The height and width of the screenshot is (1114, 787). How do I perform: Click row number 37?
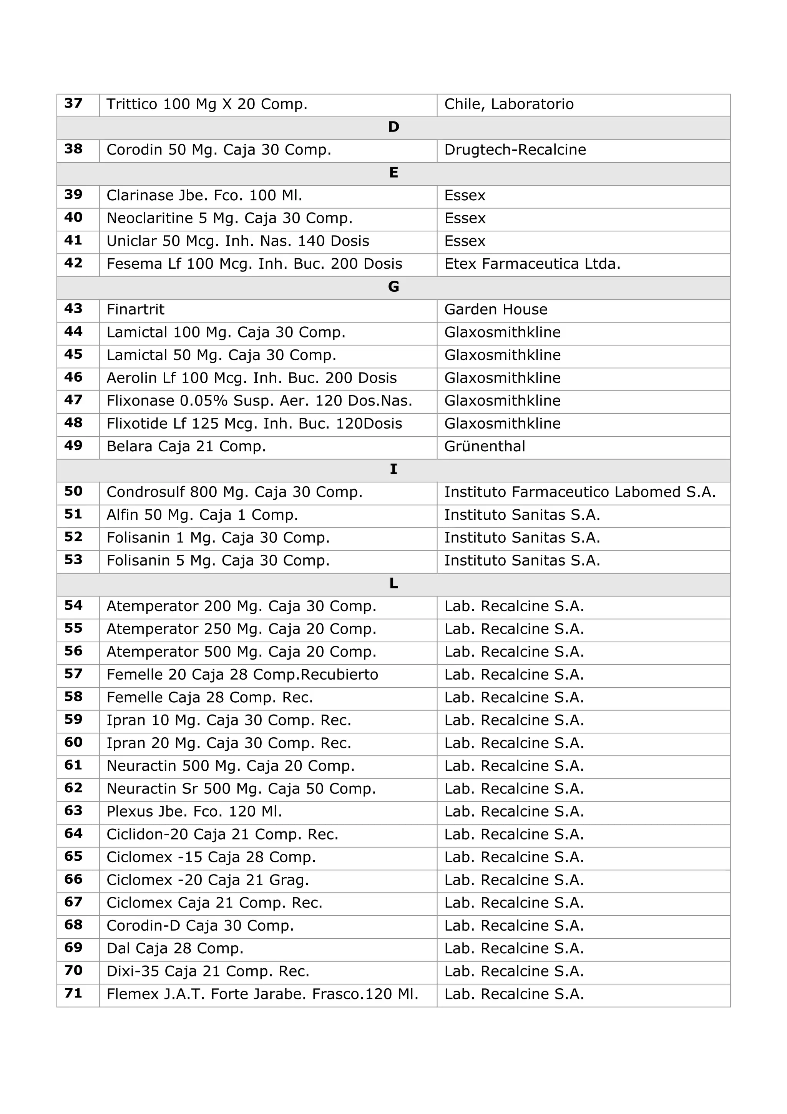(x=73, y=103)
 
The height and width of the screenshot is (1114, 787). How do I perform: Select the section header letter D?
(x=393, y=127)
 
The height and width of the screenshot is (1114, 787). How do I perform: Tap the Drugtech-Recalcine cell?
(x=515, y=150)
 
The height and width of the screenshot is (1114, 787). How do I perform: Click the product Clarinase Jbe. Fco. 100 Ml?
(x=204, y=196)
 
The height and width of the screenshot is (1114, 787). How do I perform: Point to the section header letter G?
(x=393, y=287)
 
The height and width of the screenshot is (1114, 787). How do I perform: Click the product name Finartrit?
(x=135, y=309)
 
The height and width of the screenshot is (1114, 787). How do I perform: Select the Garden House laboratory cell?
(x=496, y=309)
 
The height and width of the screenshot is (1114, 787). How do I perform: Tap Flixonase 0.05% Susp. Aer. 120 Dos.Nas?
(x=259, y=401)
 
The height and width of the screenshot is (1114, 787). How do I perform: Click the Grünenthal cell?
(x=485, y=446)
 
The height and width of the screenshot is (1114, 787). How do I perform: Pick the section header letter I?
(x=393, y=470)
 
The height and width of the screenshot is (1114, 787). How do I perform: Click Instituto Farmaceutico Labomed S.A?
(x=579, y=492)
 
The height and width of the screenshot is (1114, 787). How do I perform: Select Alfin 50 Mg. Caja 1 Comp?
(x=202, y=515)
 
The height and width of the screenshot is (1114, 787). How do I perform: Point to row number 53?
(x=73, y=560)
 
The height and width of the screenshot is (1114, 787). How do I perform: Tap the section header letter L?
(x=393, y=584)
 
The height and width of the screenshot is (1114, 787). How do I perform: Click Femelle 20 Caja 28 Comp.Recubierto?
(x=242, y=674)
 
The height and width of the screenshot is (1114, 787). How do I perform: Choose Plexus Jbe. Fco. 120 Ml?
(x=194, y=811)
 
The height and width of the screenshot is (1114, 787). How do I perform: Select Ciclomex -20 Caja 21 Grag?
(x=208, y=880)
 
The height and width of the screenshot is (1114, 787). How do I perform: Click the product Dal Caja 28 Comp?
(x=174, y=948)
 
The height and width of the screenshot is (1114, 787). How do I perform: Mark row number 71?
(x=73, y=993)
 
